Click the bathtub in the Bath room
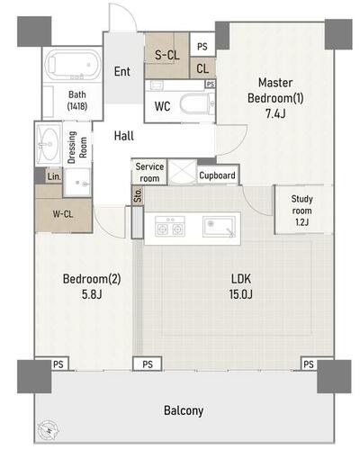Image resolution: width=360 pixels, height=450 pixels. tap(73, 65)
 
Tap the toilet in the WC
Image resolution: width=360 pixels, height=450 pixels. tap(197, 103)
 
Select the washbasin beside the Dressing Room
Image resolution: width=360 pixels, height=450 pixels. tap(48, 143)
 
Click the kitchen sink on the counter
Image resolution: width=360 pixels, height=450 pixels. tap(219, 227)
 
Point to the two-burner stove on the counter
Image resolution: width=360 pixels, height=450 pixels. tap(170, 227)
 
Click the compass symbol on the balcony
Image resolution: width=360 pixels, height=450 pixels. tap(48, 429)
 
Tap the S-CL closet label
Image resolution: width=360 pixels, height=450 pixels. tap(166, 55)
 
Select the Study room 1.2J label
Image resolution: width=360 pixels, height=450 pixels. tap(301, 211)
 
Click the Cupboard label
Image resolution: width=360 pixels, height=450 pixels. tap(217, 175)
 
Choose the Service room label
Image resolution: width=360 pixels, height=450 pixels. tap(149, 172)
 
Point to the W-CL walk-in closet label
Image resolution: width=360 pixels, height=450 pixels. tap(63, 214)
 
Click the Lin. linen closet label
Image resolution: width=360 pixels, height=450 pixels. tap(54, 176)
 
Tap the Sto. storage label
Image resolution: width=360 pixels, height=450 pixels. tap(138, 195)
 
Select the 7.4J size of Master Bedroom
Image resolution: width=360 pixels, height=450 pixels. tap(274, 114)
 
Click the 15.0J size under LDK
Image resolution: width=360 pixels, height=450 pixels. tap(240, 294)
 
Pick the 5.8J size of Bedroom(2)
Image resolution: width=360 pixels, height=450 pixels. tap(92, 294)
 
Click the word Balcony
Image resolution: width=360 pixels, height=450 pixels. tap(184, 410)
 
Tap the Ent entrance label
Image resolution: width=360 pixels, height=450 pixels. tap(122, 72)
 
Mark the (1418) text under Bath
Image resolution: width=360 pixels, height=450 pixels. tap(77, 106)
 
